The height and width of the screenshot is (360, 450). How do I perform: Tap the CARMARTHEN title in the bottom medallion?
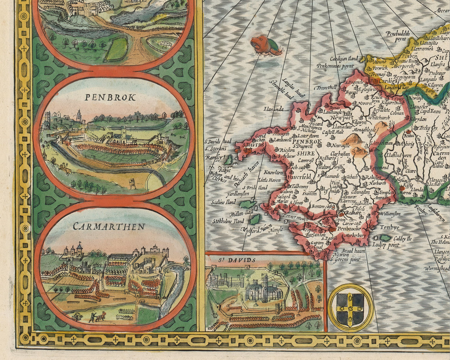pos(109,226)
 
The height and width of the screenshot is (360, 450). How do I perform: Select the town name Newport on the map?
pos(342,117)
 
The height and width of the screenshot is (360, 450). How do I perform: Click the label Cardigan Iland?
pos(344,59)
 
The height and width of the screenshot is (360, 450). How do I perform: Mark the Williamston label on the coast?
pos(390,214)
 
